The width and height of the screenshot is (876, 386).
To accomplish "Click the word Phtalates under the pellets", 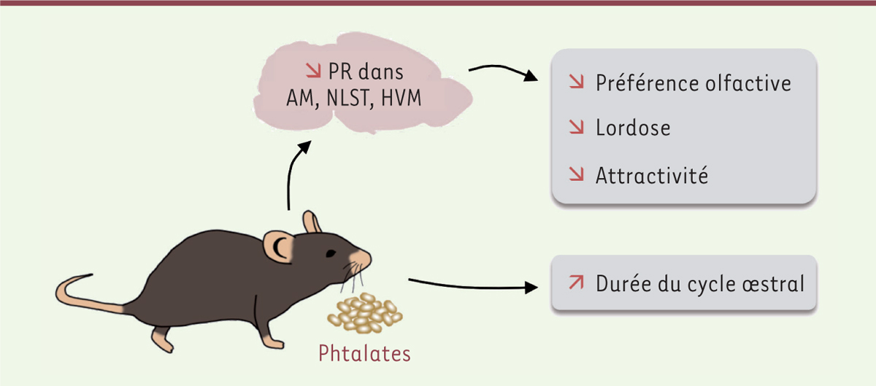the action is pyautogui.click(x=364, y=354).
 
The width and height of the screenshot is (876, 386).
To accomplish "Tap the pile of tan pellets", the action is pyautogui.click(x=365, y=313).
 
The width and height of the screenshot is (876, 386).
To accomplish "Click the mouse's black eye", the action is pyautogui.click(x=331, y=253).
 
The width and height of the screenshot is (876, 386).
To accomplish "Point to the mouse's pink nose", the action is pyautogui.click(x=362, y=258).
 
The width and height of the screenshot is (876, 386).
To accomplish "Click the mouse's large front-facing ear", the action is pyautogui.click(x=278, y=246).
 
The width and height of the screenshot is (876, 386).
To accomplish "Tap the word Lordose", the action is pyautogui.click(x=633, y=128).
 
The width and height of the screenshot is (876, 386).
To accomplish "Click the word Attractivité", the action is pyautogui.click(x=651, y=175).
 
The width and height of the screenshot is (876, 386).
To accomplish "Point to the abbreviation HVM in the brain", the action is pyautogui.click(x=401, y=98).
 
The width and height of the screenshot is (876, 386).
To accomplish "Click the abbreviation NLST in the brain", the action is pyautogui.click(x=348, y=98).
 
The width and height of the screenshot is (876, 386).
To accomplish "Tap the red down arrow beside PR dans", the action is pyautogui.click(x=313, y=71).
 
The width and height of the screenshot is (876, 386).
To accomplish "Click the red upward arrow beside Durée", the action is pyautogui.click(x=577, y=282).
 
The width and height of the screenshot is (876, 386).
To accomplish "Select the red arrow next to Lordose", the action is pyautogui.click(x=577, y=127).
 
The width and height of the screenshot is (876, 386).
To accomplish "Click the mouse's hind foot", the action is pyautogui.click(x=161, y=340).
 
